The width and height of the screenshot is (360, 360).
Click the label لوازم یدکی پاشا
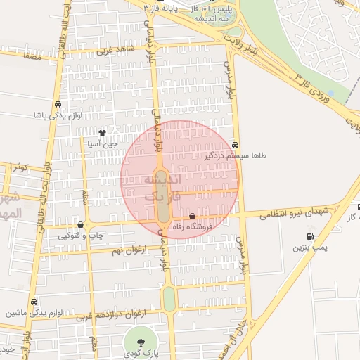(x=58, y=114)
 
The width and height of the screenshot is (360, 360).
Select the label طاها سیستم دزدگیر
(x=233, y=154)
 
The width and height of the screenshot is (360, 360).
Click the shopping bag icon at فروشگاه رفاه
(x=193, y=216)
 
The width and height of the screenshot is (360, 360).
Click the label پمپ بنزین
(x=311, y=248)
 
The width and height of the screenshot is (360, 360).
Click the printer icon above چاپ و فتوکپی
(x=80, y=226)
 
